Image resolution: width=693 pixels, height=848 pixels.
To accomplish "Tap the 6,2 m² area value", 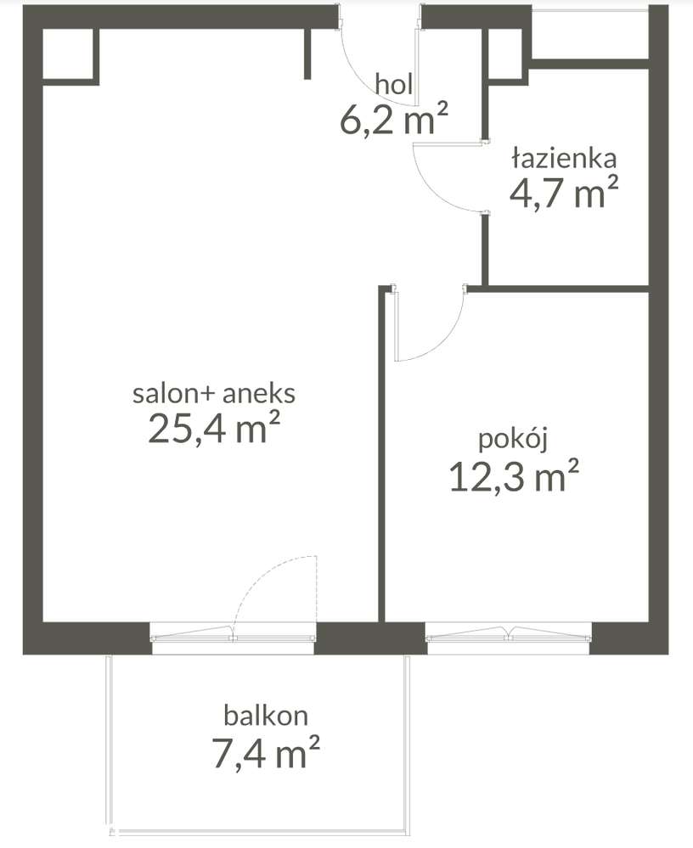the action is [x=394, y=119].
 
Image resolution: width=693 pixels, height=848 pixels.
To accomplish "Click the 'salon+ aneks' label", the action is [x=214, y=393].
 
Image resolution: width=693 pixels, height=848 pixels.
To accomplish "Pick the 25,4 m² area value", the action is [x=214, y=428].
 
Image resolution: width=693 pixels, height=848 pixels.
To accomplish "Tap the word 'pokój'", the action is [x=514, y=440].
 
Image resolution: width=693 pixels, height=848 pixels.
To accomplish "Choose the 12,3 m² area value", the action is [x=514, y=475].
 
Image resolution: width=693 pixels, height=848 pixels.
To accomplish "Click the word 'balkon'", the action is [x=266, y=716].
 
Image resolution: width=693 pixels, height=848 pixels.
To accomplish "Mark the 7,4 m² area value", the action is [x=266, y=752].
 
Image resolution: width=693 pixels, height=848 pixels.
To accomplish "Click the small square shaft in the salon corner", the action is [x=70, y=56].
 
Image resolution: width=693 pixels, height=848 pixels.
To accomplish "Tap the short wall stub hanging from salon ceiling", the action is [x=307, y=53].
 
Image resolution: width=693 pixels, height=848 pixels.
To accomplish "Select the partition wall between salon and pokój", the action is [x=381, y=454].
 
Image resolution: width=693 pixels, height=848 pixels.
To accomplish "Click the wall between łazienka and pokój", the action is [x=557, y=289].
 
